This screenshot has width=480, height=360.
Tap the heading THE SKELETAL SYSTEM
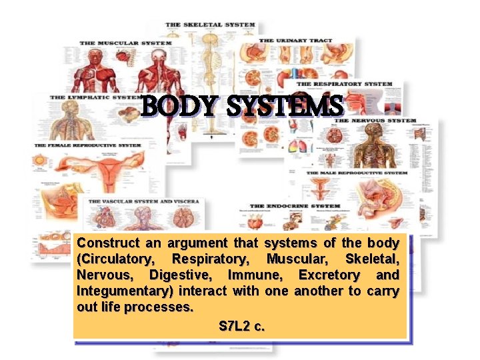pos(210,25)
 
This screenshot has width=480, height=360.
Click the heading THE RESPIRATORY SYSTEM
pos(344,85)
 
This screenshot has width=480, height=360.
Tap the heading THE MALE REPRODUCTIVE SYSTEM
pos(357,173)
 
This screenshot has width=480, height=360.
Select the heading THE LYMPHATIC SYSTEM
pos(94,97)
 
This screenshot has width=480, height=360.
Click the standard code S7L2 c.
pos(241,327)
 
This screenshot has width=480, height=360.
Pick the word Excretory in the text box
pos(329,275)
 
